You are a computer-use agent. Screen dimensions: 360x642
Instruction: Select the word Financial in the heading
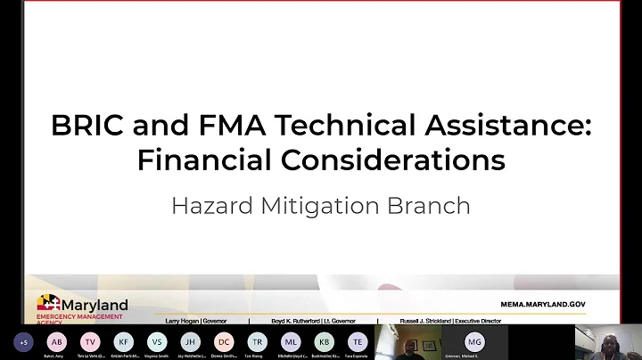coord(193,161)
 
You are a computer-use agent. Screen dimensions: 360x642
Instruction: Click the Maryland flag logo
coord(48,303)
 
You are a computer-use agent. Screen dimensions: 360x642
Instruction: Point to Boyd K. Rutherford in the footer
coord(287,318)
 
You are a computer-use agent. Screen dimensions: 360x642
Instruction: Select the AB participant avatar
coord(57,341)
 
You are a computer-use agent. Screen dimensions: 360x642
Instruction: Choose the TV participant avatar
coord(90,341)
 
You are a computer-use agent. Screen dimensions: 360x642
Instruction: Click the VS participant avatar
coord(157,341)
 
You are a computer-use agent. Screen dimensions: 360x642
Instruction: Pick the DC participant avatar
coord(224,341)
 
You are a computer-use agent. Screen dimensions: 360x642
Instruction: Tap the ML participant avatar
coord(291,341)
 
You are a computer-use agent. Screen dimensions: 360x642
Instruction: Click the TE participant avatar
coord(358,341)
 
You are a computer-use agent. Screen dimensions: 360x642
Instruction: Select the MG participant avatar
coord(474,341)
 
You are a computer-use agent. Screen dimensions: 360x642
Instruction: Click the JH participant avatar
coord(190,341)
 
